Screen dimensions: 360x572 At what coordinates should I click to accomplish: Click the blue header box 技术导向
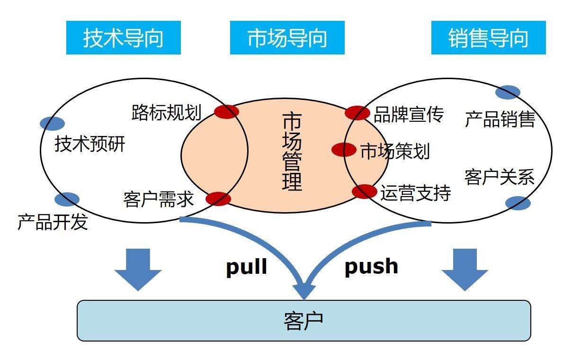(123, 38)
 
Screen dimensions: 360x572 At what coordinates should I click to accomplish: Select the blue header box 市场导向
(287, 38)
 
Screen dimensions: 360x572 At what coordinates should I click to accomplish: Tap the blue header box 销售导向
(488, 38)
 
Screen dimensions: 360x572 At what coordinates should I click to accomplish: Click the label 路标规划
(166, 113)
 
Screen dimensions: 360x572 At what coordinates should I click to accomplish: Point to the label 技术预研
(90, 144)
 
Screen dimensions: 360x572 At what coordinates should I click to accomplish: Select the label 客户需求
(158, 199)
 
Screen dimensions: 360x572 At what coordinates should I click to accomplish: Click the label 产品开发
(53, 222)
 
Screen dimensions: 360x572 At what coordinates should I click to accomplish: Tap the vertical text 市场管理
(292, 152)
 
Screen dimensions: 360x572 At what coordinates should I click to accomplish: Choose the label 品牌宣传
(409, 114)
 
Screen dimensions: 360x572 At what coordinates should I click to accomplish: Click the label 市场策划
(395, 152)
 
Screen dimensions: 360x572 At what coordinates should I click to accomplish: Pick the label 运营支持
(415, 193)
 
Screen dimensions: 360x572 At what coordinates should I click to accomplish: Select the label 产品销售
(500, 119)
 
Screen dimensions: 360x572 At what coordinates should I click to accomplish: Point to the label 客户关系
(500, 178)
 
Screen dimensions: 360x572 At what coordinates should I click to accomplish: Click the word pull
(246, 267)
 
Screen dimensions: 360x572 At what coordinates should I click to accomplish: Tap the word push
(371, 266)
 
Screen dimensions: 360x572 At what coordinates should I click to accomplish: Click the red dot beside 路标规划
(226, 112)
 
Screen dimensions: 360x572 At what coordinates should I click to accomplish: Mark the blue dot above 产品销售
(508, 92)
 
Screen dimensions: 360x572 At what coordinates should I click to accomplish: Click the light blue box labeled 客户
(304, 321)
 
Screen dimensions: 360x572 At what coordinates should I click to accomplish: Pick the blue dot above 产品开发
(67, 199)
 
